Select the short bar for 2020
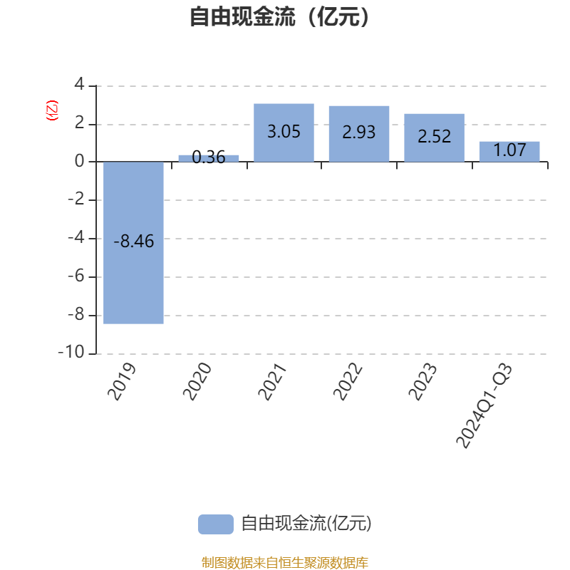point(208,158)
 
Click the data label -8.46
point(134,242)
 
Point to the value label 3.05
point(284,132)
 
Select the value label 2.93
point(358,132)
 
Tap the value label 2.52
point(434,137)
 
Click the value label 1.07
point(509,150)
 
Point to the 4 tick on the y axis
point(79,85)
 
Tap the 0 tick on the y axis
point(79,162)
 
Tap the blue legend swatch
point(215,524)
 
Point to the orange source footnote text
point(285,563)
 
